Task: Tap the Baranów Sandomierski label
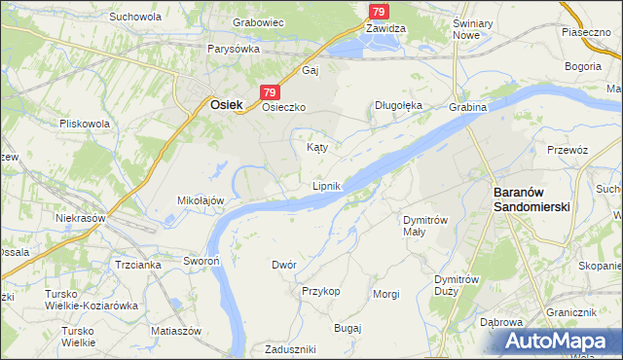pos(531,199)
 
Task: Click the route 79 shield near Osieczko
pos(270,90)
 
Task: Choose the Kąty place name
pos(316,148)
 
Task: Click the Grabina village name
pos(467,107)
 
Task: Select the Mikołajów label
pos(201,199)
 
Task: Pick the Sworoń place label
pos(202,261)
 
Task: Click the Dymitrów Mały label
pos(425,226)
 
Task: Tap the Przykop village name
pos(320,291)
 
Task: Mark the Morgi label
pos(385,293)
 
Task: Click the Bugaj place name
pos(347,328)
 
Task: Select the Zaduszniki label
pos(287,349)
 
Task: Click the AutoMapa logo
pos(559,341)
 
